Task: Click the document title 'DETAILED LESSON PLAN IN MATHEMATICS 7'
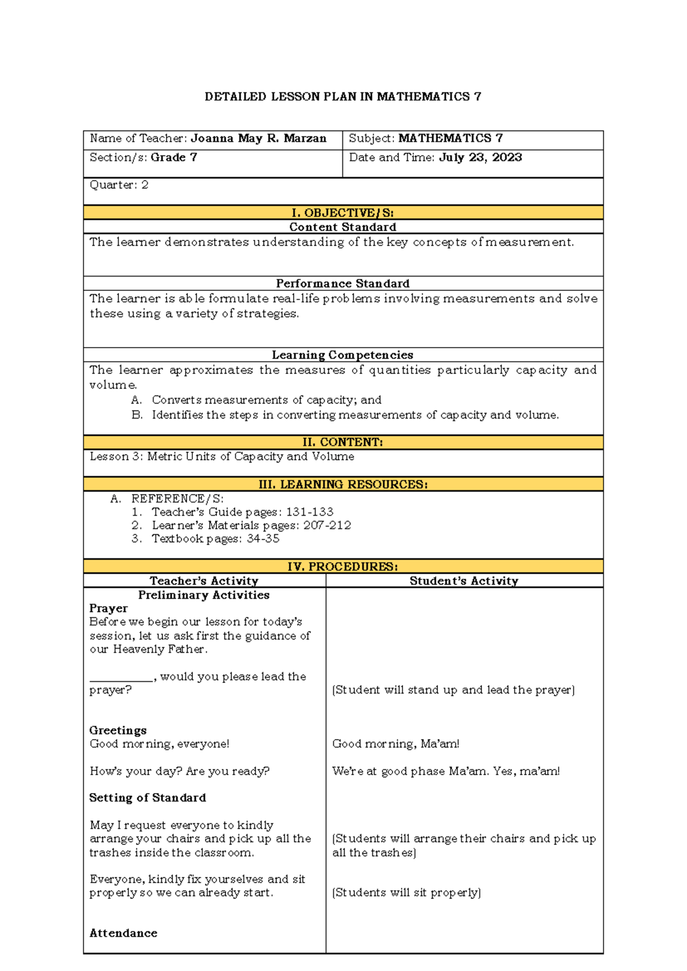click(342, 97)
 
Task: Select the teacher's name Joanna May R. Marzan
click(258, 139)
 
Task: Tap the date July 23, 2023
click(480, 157)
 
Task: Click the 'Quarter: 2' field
click(119, 185)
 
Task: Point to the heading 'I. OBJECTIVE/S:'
click(342, 213)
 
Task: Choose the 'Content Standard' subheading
click(342, 227)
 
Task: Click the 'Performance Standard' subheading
click(342, 283)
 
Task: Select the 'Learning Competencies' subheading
click(342, 355)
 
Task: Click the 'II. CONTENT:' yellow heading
click(342, 443)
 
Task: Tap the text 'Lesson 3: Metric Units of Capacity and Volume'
click(222, 457)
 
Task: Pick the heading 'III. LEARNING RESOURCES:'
click(342, 484)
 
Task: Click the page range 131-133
click(310, 512)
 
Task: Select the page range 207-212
click(327, 526)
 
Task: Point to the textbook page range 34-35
click(263, 539)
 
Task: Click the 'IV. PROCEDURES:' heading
click(342, 567)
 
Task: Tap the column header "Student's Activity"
click(464, 581)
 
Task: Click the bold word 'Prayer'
click(109, 609)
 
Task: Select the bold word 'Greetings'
click(118, 731)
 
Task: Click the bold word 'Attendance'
click(123, 933)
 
